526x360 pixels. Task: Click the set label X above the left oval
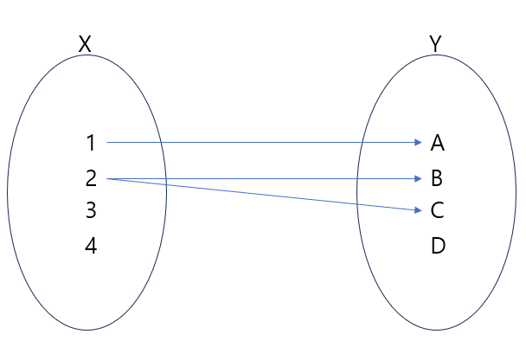point(85,44)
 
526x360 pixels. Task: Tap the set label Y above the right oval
point(435,44)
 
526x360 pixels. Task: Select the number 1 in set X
point(91,142)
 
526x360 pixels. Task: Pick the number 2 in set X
point(91,179)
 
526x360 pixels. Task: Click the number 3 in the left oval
point(91,210)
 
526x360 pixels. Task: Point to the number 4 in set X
point(91,247)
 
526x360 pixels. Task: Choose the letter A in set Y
point(437,142)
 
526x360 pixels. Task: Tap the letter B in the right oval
point(437,179)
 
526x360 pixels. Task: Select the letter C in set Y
point(437,210)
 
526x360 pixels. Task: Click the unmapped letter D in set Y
point(438,247)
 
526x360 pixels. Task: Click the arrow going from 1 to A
point(260,141)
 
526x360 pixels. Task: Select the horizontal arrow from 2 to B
point(260,179)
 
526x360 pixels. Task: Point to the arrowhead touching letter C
point(416,208)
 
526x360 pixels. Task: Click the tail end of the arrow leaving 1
point(107,141)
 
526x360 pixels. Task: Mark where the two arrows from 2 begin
point(107,179)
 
